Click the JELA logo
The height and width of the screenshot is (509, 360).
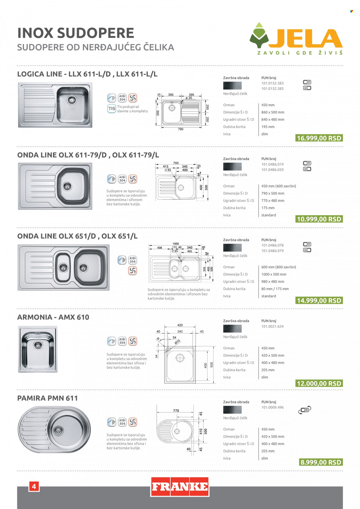pos(296,39)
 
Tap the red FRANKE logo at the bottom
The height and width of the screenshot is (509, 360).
pos(180,487)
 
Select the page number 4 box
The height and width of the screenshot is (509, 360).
pos(34,487)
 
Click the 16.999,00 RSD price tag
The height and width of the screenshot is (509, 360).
pos(319,138)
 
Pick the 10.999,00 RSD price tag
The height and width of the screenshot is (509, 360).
pos(319,219)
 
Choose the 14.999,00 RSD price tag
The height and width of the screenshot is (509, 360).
pos(319,301)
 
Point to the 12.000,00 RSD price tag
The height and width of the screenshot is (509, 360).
pos(319,383)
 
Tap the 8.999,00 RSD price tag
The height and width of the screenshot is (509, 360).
pos(321,462)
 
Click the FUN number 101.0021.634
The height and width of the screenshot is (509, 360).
pos(272,326)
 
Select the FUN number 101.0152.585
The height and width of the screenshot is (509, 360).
pos(272,89)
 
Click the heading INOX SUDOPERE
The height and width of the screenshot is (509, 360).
pos(76,33)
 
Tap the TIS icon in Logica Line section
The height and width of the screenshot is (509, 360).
pos(112,109)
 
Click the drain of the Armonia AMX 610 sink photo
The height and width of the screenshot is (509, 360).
pos(38,345)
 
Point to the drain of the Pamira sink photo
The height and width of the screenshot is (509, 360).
pos(58,430)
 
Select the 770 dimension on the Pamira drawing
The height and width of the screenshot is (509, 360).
pos(176,411)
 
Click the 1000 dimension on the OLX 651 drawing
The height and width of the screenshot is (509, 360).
pos(176,244)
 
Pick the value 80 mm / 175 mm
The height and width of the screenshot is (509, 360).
pos(275,289)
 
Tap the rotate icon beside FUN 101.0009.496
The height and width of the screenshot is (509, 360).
pos(305,410)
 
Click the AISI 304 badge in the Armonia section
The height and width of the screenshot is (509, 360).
pos(122,341)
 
